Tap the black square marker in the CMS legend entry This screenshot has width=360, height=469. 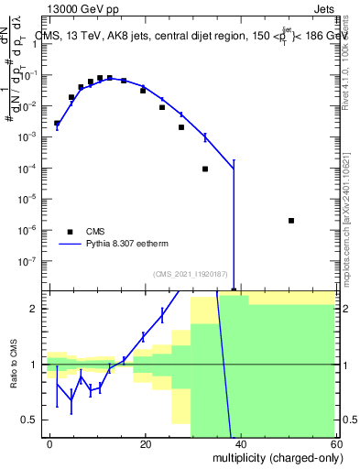70,232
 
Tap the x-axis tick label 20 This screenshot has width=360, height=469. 146,442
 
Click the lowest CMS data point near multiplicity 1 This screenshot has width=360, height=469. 57,123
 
